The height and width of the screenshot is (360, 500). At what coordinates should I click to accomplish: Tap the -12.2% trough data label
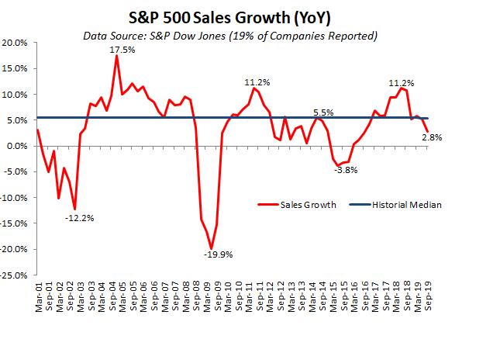click(79, 218)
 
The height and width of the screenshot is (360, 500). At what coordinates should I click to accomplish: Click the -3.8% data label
click(345, 171)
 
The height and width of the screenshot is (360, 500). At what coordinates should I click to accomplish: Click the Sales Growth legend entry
click(299, 205)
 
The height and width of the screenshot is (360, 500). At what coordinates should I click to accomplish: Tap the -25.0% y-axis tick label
click(16, 275)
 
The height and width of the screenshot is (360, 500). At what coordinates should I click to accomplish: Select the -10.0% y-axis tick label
click(16, 198)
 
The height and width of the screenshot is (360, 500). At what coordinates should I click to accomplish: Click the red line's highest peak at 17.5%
click(116, 56)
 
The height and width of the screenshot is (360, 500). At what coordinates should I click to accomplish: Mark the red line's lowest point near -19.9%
click(211, 248)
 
